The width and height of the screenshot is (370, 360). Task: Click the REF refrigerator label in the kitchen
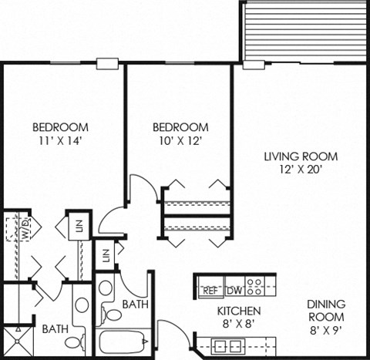[210, 291]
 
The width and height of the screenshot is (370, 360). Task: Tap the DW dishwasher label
[233, 291]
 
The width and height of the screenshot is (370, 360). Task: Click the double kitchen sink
[232, 343]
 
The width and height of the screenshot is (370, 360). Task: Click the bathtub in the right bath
[124, 341]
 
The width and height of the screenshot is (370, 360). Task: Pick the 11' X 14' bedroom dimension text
[59, 140]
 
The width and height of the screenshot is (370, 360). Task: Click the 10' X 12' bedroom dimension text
[180, 140]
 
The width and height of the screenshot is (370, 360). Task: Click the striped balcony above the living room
[305, 31]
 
